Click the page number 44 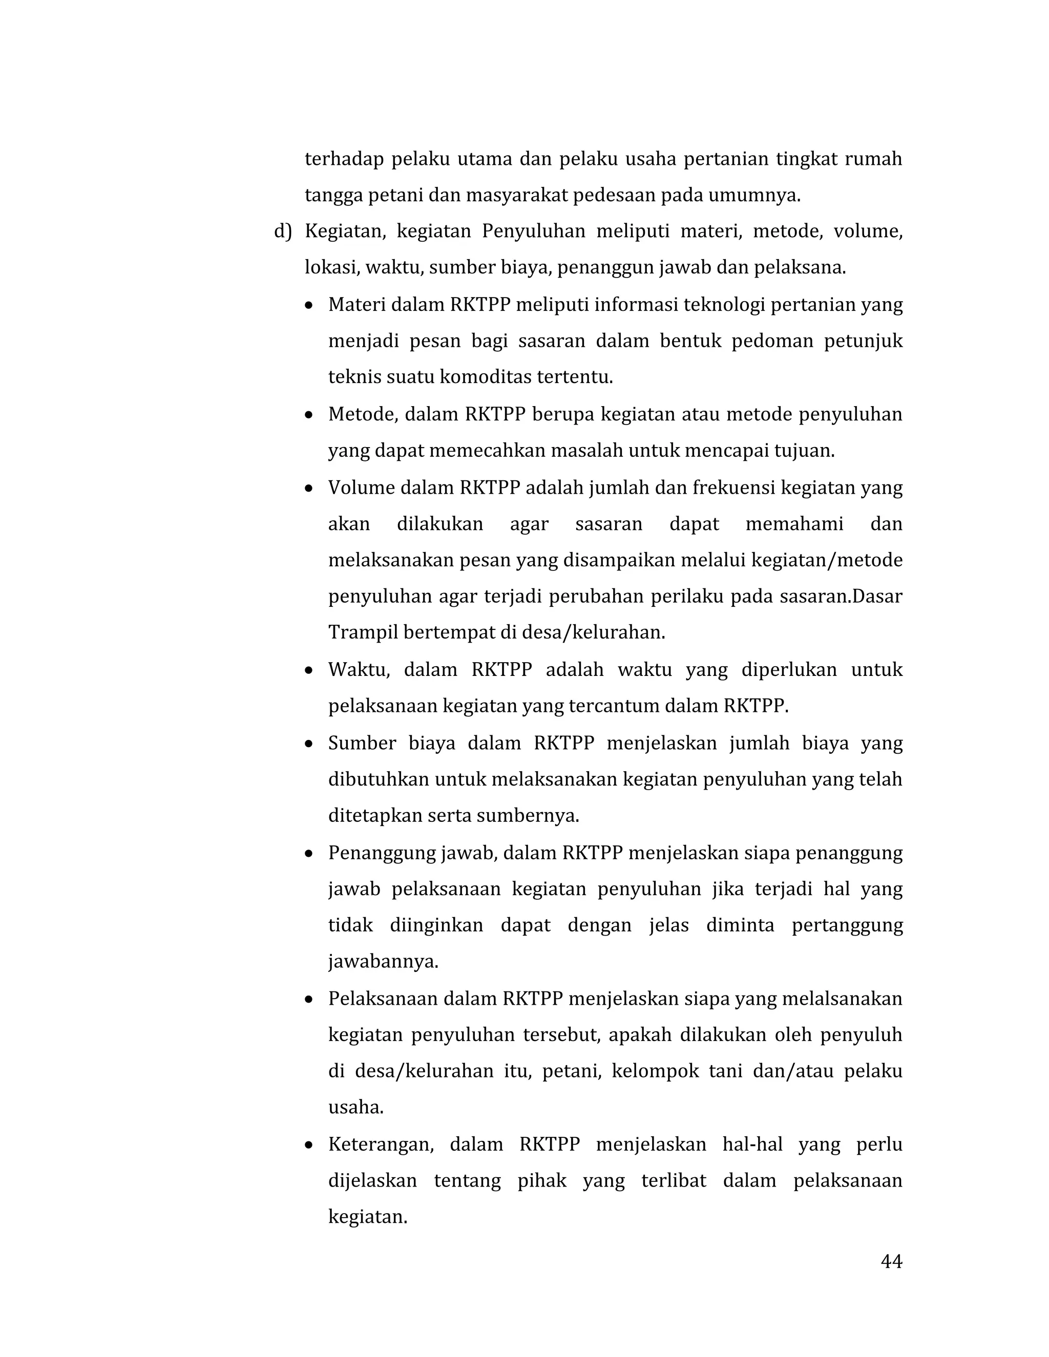point(891,1261)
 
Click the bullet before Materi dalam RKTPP point(309,306)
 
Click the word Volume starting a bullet point(361,487)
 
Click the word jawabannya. point(383,961)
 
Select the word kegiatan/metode point(827,560)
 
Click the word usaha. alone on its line point(355,1107)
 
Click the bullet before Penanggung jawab point(309,854)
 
